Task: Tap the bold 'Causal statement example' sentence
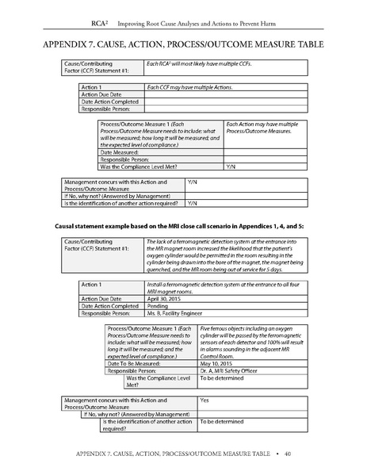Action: pyautogui.click(x=183, y=226)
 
